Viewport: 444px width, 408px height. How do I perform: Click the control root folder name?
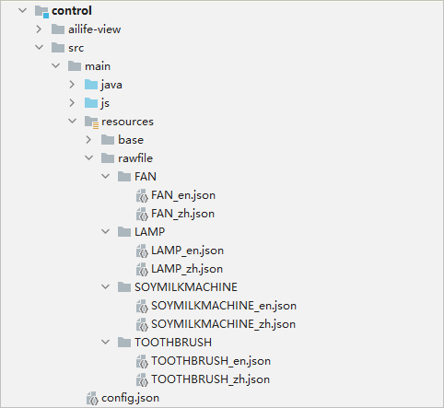pos(72,11)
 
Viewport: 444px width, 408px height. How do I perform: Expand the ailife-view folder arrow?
pos(39,29)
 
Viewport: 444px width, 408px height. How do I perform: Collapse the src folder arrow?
pos(40,48)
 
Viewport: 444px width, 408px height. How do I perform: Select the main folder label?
pos(98,66)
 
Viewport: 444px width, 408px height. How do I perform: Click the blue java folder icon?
pos(91,85)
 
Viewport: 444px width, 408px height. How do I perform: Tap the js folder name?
pos(105,103)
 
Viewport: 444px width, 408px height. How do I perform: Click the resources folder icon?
pos(91,122)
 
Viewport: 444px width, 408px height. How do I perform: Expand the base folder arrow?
pos(88,140)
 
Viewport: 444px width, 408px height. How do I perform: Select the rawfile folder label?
pos(135,158)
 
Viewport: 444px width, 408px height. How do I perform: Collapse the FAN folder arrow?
pos(105,177)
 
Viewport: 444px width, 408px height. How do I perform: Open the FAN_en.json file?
pos(183,195)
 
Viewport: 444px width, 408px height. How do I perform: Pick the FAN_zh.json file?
pos(182,214)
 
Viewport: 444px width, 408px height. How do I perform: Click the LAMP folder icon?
pos(124,232)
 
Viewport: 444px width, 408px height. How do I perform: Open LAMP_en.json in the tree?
pos(187,251)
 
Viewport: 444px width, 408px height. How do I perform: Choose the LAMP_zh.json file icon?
pos(142,269)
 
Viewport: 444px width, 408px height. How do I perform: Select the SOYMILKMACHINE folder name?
pos(186,287)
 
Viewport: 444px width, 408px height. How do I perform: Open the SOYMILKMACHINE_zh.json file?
pos(223,324)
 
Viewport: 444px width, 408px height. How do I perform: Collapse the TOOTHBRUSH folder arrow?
pos(105,343)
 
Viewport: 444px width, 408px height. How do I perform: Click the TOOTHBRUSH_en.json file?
pos(211,361)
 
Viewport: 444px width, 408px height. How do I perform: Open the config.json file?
pos(130,398)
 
